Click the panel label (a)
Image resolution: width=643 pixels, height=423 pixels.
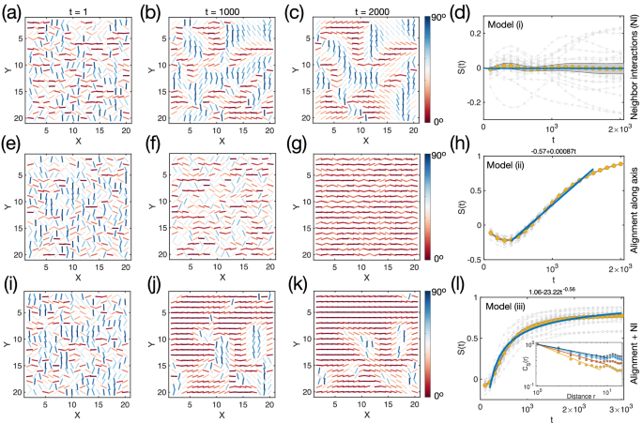tap(10, 10)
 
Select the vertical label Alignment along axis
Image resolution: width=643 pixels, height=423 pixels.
tap(635, 207)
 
